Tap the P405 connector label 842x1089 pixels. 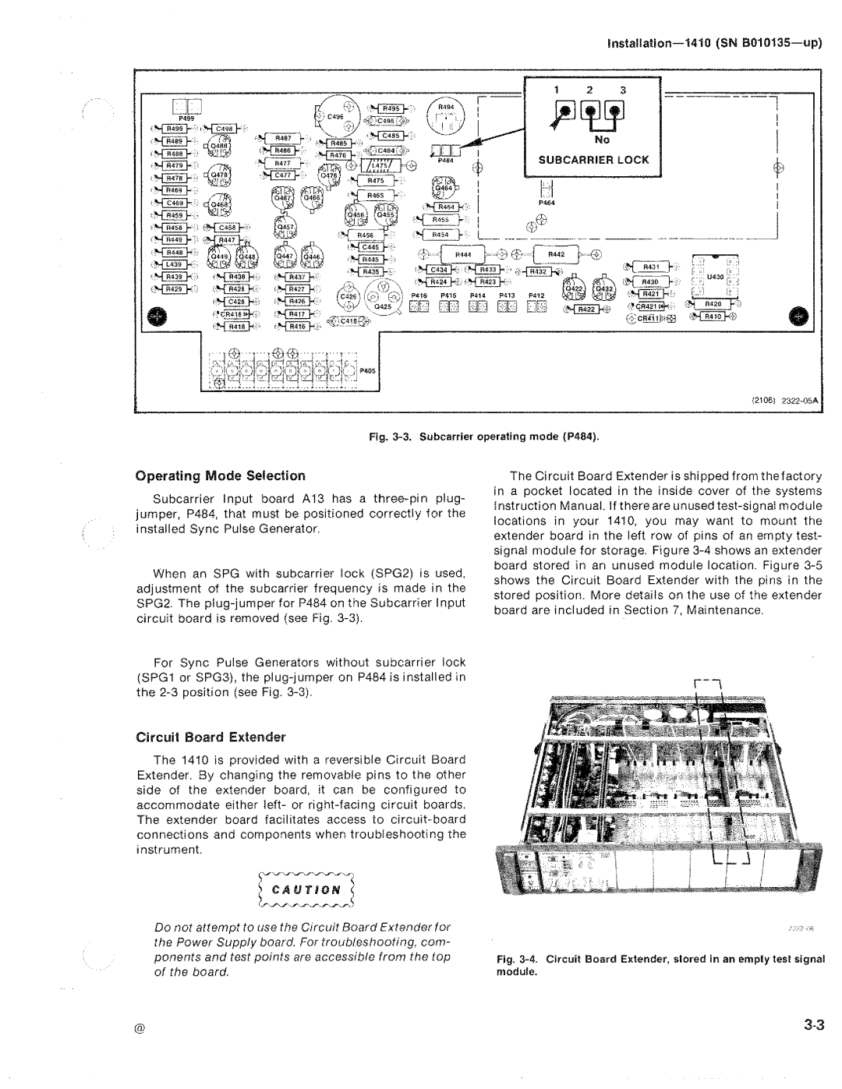coord(367,371)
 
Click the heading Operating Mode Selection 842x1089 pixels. coord(221,475)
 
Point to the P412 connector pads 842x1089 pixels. coord(536,307)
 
